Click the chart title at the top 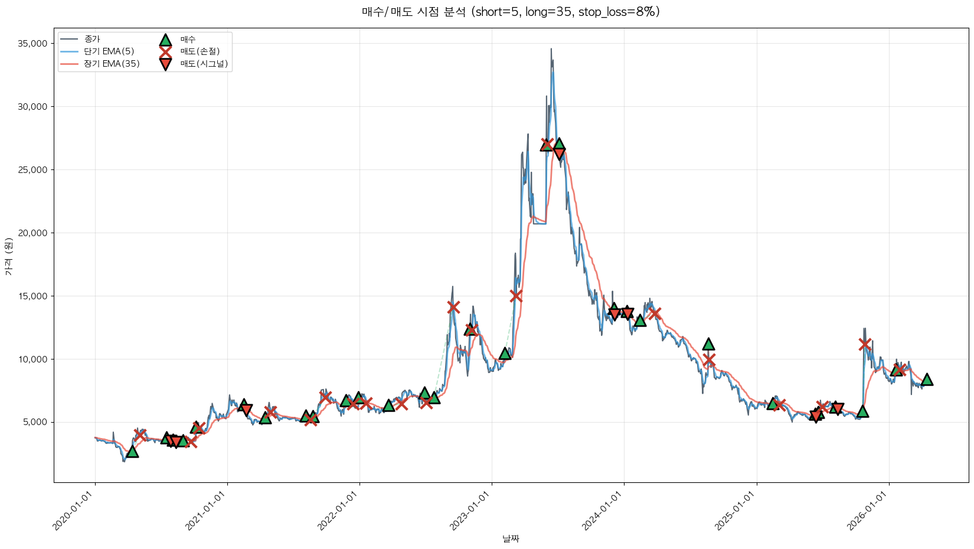(x=511, y=12)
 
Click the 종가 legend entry (x=92, y=39)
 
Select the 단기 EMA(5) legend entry (x=109, y=51)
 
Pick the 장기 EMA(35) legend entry (x=112, y=64)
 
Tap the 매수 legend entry (x=188, y=40)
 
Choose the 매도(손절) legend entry (x=200, y=51)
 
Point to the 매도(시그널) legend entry (x=204, y=64)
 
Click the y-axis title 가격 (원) (x=8, y=256)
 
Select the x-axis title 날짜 (x=511, y=538)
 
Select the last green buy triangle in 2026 (x=927, y=380)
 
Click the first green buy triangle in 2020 (x=132, y=452)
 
